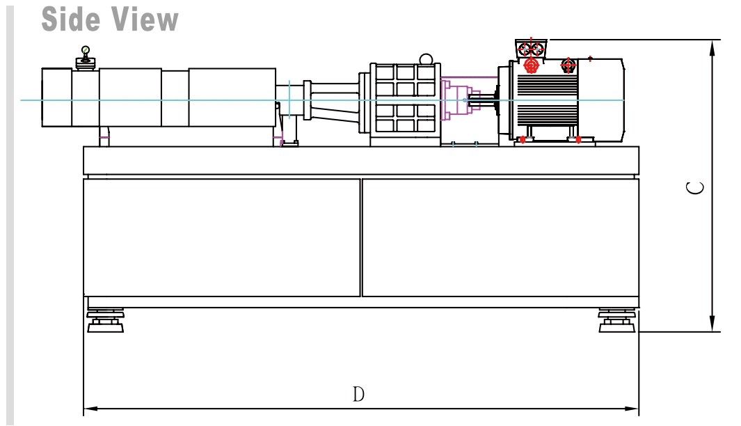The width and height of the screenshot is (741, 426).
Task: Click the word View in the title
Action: click(x=142, y=19)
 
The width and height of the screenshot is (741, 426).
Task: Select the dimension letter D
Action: click(x=358, y=395)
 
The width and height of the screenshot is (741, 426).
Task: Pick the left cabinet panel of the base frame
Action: click(x=221, y=237)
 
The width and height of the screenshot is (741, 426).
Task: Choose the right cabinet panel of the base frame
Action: click(x=500, y=237)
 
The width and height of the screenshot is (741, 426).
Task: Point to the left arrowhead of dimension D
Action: click(x=88, y=409)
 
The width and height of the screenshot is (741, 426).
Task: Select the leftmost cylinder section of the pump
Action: click(x=58, y=97)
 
